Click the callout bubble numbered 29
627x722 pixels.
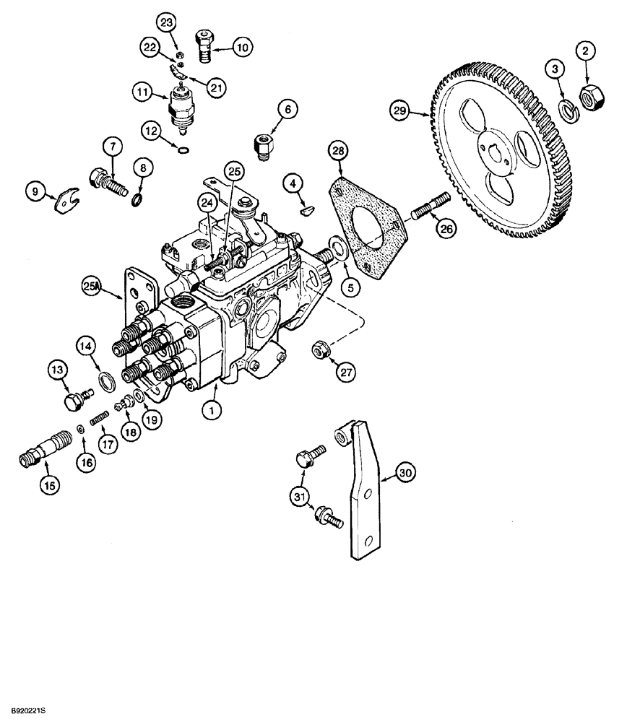pyautogui.click(x=399, y=110)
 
